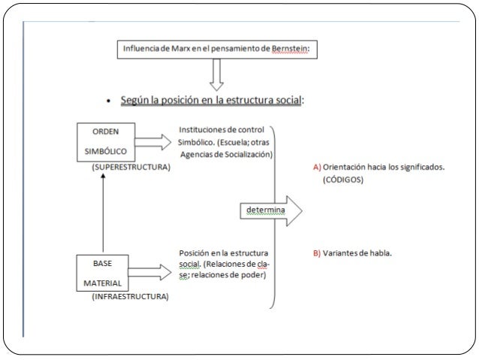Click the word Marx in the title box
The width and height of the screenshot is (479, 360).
pyautogui.click(x=180, y=49)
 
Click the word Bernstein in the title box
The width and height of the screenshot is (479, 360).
pyautogui.click(x=289, y=49)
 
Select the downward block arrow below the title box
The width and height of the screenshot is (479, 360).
pyautogui.click(x=216, y=75)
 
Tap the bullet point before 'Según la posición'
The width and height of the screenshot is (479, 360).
pyautogui.click(x=108, y=101)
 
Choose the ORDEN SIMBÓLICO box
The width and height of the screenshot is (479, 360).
pyautogui.click(x=106, y=142)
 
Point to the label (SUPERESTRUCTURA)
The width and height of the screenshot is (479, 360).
pyautogui.click(x=131, y=167)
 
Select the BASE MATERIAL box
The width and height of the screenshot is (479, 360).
pyautogui.click(x=102, y=273)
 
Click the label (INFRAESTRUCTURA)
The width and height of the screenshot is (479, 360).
pyautogui.click(x=130, y=296)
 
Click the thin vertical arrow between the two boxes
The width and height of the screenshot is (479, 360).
pyautogui.click(x=103, y=213)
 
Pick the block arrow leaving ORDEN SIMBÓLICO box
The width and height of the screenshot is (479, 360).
pyautogui.click(x=153, y=142)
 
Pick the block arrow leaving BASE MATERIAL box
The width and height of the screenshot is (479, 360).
pyautogui.click(x=149, y=272)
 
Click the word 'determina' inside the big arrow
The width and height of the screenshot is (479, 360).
pyautogui.click(x=266, y=210)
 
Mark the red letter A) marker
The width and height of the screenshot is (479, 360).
pyautogui.click(x=317, y=168)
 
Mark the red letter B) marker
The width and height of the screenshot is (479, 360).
pyautogui.click(x=317, y=253)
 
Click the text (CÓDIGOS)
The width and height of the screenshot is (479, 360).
pyautogui.click(x=343, y=180)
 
